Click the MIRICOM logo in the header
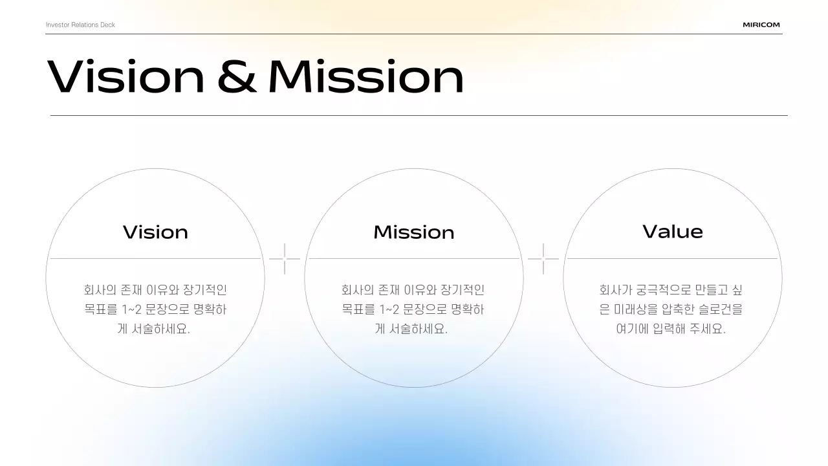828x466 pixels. tap(761, 25)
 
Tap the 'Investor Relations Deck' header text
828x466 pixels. tap(80, 25)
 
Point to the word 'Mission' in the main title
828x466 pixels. tap(366, 76)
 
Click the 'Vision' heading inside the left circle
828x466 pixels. tap(155, 232)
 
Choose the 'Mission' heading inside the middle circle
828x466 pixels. tap(414, 232)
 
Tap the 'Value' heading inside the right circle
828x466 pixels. tap(673, 232)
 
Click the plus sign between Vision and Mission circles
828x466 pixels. tap(285, 259)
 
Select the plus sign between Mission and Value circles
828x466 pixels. tap(543, 259)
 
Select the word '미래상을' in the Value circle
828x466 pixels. tap(635, 309)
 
